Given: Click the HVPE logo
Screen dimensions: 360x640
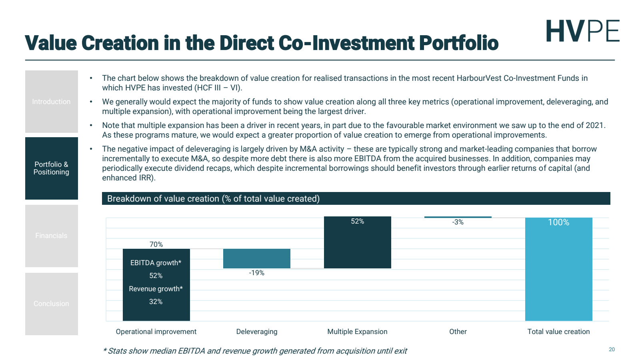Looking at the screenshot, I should click(x=582, y=31).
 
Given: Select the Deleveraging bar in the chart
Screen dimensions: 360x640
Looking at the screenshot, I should click(x=256, y=258).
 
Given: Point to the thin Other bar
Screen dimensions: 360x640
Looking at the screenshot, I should click(x=458, y=217).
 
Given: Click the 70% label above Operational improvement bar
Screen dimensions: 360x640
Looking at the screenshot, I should click(x=156, y=244).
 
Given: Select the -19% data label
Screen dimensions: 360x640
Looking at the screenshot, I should click(x=256, y=273).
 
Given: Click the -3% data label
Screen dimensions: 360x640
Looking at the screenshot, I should click(x=458, y=222).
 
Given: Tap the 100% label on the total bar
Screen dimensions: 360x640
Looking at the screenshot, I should click(x=558, y=222).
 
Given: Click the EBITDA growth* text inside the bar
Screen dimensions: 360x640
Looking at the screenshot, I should click(x=156, y=263).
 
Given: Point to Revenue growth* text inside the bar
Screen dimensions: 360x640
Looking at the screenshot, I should click(x=156, y=289).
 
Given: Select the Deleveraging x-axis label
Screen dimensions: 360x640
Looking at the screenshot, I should click(x=256, y=332).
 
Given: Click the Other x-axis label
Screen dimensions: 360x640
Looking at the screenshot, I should click(x=458, y=332).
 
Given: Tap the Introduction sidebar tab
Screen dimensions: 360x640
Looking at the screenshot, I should click(x=51, y=102).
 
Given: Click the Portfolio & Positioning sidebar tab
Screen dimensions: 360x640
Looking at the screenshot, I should click(x=51, y=168).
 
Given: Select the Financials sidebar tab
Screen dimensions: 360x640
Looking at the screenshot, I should click(x=51, y=236).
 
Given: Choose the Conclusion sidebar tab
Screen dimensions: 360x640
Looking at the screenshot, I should click(x=51, y=304).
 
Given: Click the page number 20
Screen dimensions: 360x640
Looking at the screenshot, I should click(x=612, y=349).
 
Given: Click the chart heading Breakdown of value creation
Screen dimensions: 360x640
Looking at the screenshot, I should click(x=213, y=199).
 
